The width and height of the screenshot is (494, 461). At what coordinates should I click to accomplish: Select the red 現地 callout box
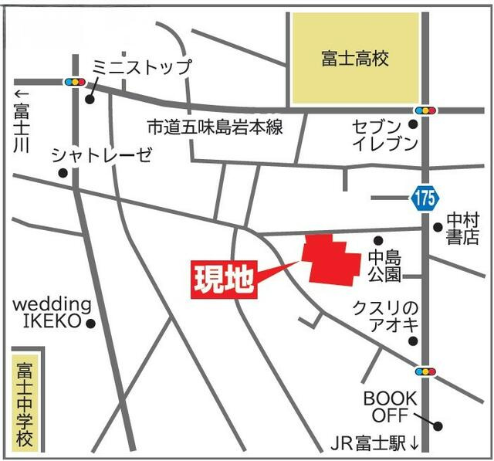[x=223, y=280]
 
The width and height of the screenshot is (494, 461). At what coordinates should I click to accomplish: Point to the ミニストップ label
[x=140, y=67]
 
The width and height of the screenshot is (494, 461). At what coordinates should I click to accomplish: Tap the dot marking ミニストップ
[x=90, y=100]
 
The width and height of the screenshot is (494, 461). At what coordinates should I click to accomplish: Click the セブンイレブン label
[x=384, y=134]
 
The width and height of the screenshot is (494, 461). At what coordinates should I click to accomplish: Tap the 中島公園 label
[x=383, y=265]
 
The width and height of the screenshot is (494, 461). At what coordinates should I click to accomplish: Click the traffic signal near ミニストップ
[x=75, y=81]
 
